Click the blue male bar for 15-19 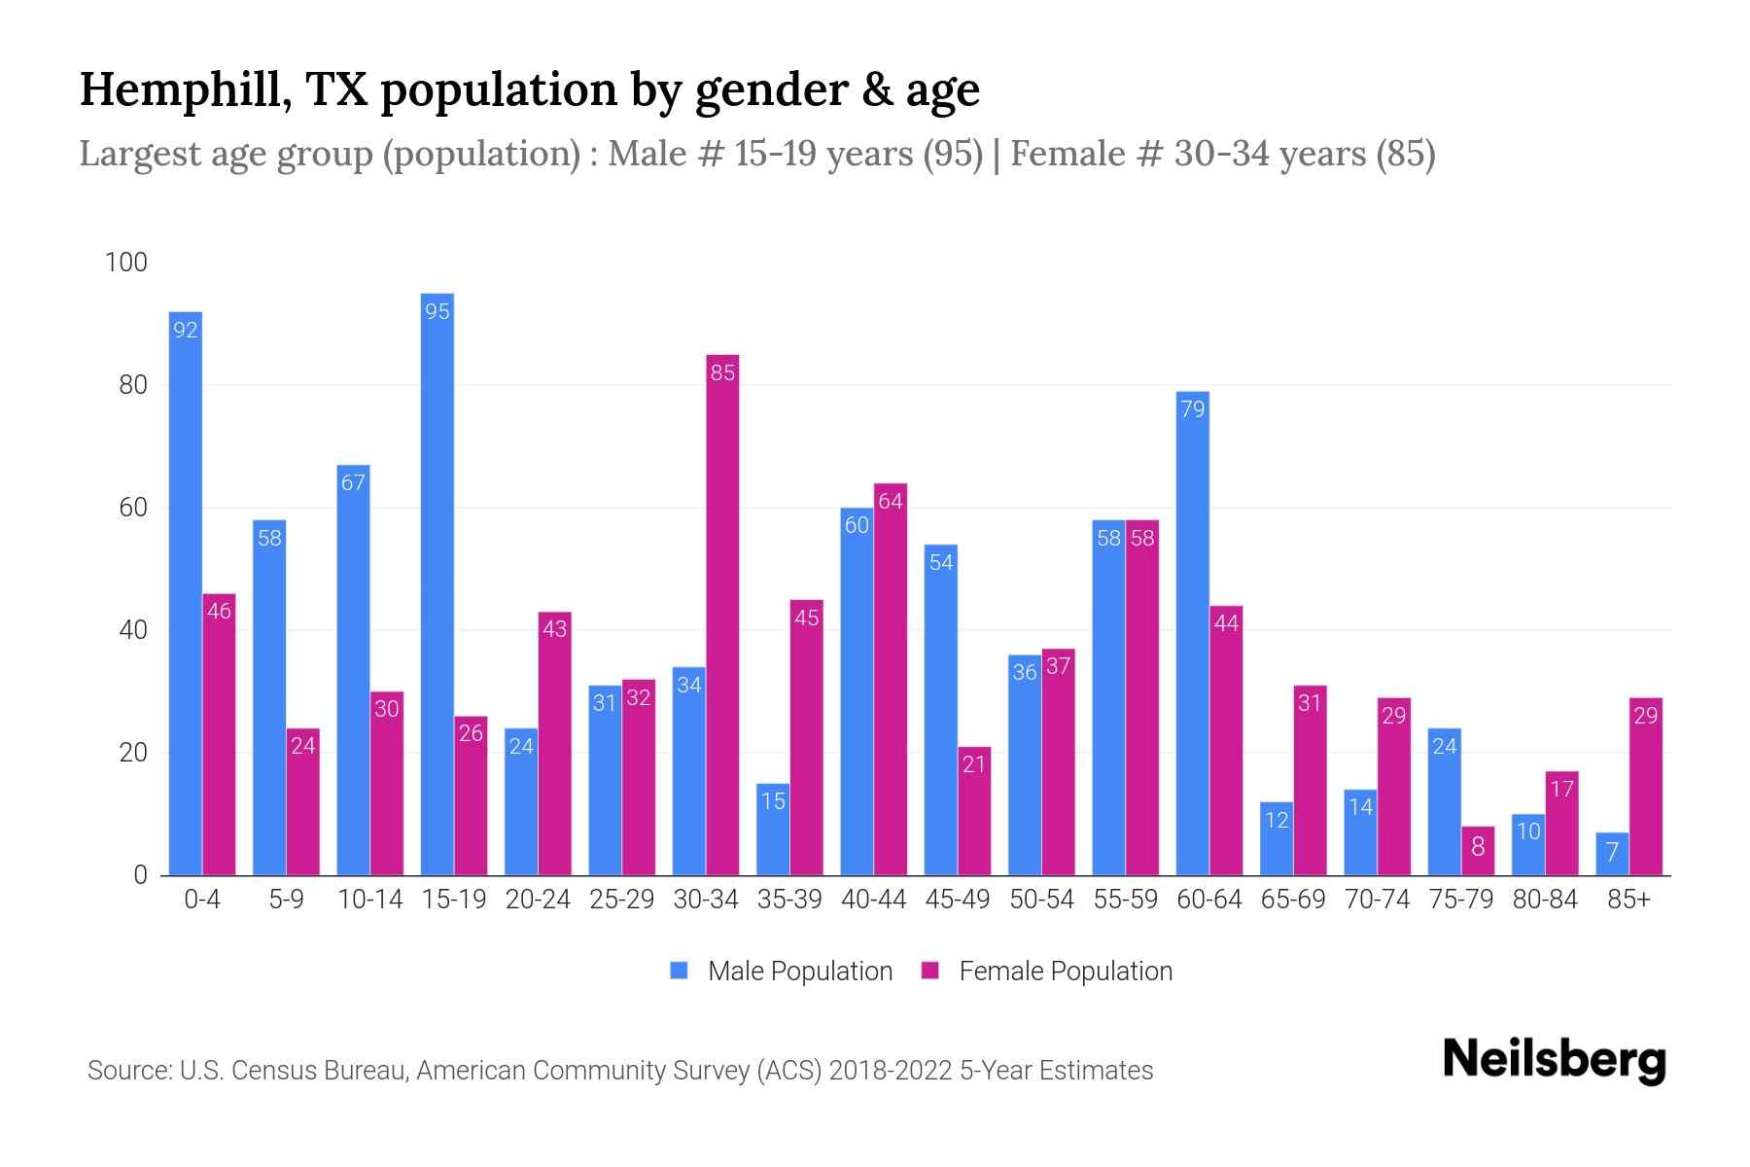pos(437,583)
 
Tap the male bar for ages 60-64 pos(1192,632)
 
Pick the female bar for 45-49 pos(974,811)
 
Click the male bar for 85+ pos(1612,854)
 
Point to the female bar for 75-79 pos(1478,851)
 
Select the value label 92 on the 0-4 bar pos(186,331)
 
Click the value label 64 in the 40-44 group pos(891,502)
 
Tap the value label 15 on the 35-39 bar pos(773,801)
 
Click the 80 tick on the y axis pos(133,385)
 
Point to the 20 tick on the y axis pos(133,753)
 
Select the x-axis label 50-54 pos(1041,900)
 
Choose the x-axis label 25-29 pos(621,900)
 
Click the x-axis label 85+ pos(1628,900)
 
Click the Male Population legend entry pos(799,972)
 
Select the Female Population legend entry pos(1065,972)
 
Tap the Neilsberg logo pos(1554,1060)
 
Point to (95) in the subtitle pos(953,154)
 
